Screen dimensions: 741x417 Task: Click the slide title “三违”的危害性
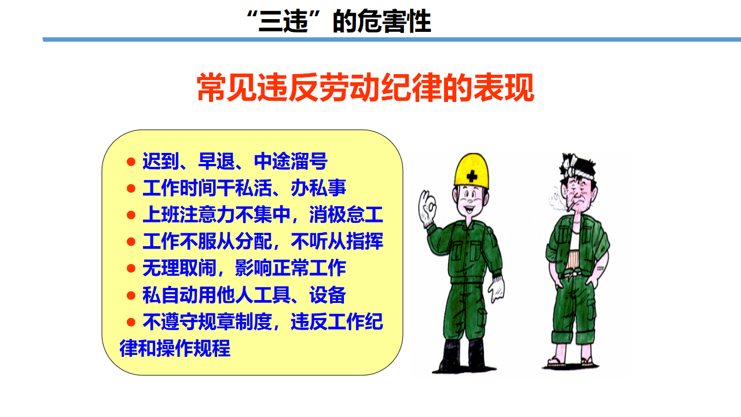point(339,21)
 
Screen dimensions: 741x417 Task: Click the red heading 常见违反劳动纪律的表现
point(365,87)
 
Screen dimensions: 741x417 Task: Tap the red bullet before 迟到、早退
point(131,162)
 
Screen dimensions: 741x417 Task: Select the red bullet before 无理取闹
point(131,268)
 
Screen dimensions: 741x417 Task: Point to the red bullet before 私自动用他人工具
point(131,295)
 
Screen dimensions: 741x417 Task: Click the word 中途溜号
point(291,162)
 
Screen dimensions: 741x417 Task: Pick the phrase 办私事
point(318,188)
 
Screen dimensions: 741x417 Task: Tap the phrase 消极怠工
point(346,214)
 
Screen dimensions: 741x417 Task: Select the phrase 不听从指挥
point(337,242)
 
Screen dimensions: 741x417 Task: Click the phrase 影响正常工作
point(291,268)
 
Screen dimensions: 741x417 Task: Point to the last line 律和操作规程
point(175,348)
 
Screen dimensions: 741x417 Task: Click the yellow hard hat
point(471,171)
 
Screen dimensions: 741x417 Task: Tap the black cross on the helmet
point(472,175)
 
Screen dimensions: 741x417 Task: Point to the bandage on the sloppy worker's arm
point(600,268)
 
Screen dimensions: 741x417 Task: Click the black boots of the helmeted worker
point(464,356)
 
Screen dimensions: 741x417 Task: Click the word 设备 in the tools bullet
point(328,295)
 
